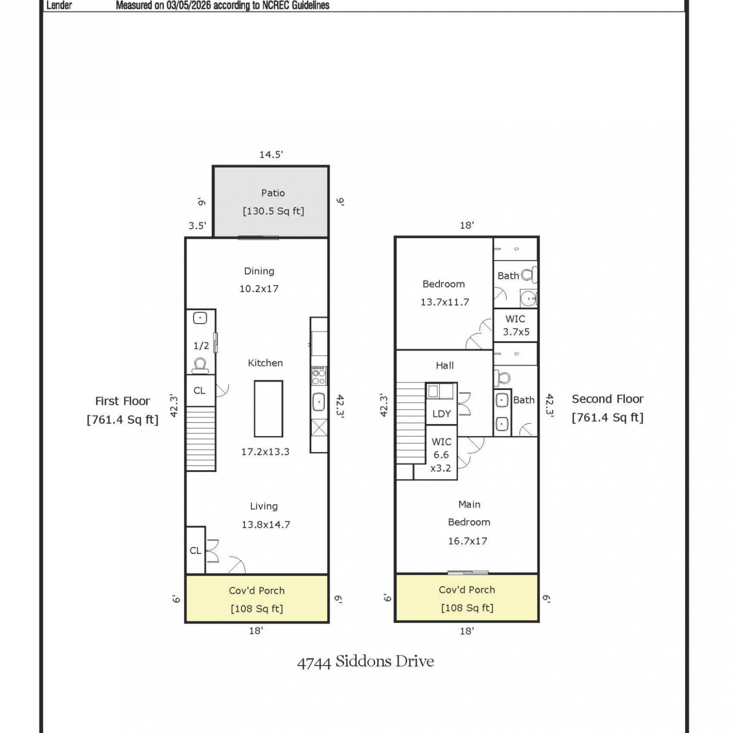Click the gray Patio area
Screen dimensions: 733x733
pyautogui.click(x=271, y=202)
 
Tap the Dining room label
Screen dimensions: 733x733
pyautogui.click(x=259, y=271)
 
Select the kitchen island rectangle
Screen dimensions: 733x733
pyautogui.click(x=268, y=409)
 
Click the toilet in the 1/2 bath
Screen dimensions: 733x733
pyautogui.click(x=200, y=365)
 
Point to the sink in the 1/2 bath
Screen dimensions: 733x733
pyautogui.click(x=200, y=318)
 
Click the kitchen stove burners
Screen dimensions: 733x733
pyautogui.click(x=319, y=375)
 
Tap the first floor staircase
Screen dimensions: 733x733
pyautogui.click(x=201, y=438)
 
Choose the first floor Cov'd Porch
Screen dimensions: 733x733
pyautogui.click(x=257, y=599)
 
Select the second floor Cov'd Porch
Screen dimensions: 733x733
pyautogui.click(x=467, y=598)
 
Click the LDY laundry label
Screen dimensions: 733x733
pyautogui.click(x=442, y=414)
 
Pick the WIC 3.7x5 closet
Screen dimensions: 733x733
pyautogui.click(x=516, y=325)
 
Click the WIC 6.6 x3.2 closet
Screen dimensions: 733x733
pyautogui.click(x=441, y=453)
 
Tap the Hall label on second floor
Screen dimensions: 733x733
pyautogui.click(x=445, y=366)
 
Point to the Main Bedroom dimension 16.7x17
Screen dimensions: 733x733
pyautogui.click(x=468, y=541)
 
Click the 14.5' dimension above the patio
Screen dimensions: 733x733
pyautogui.click(x=271, y=154)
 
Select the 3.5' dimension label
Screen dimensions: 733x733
pyautogui.click(x=197, y=226)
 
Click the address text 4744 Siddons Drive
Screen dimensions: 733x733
pyautogui.click(x=366, y=662)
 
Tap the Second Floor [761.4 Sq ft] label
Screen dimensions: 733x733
pyautogui.click(x=608, y=408)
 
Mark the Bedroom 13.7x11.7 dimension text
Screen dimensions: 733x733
pyautogui.click(x=445, y=302)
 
